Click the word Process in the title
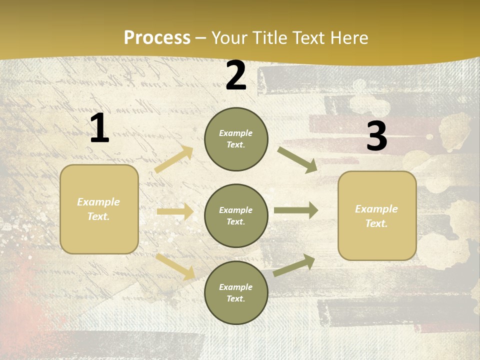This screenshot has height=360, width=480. (157, 38)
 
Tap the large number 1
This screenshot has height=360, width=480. (99, 128)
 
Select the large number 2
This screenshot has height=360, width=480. (236, 75)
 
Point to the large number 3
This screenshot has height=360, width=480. (376, 136)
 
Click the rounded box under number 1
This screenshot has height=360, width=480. (99, 209)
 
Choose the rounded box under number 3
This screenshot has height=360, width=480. (377, 215)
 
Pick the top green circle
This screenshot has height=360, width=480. (236, 139)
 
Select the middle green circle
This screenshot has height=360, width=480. (236, 215)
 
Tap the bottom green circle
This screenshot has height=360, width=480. (236, 292)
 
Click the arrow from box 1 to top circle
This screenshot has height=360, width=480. (174, 159)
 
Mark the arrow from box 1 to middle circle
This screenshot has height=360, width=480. (175, 212)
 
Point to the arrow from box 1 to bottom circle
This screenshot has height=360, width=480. (175, 266)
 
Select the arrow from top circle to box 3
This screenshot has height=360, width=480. (297, 159)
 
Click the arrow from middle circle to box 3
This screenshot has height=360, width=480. (296, 210)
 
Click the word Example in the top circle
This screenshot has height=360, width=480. (235, 133)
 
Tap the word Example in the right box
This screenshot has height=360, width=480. (376, 209)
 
